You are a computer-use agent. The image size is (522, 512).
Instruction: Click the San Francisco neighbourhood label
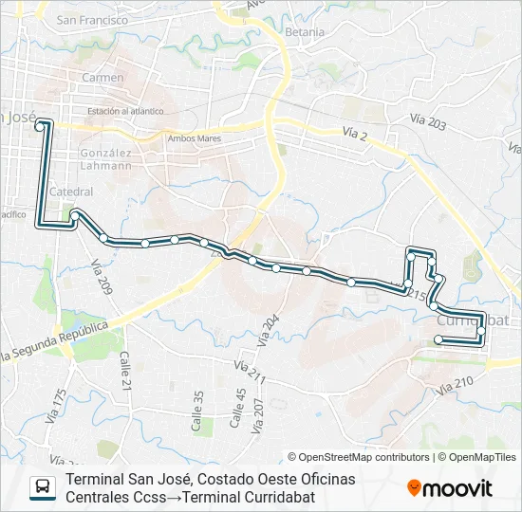coord(92,19)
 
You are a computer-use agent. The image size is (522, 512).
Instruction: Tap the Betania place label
coord(305,31)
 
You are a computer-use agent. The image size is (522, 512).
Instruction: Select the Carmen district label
coord(103,77)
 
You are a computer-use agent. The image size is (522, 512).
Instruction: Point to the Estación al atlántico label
coord(125,110)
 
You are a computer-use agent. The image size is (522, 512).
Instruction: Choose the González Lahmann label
coord(106,158)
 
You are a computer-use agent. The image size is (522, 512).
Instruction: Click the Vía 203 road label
coord(429,122)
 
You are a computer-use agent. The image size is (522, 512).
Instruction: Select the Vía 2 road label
coord(355,137)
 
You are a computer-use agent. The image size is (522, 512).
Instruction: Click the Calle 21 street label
coord(124,370)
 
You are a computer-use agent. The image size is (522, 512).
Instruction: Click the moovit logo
coord(450,488)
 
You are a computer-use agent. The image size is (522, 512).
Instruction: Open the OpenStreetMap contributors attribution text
coord(363,457)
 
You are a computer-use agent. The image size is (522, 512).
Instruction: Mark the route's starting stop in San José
coord(38,124)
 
